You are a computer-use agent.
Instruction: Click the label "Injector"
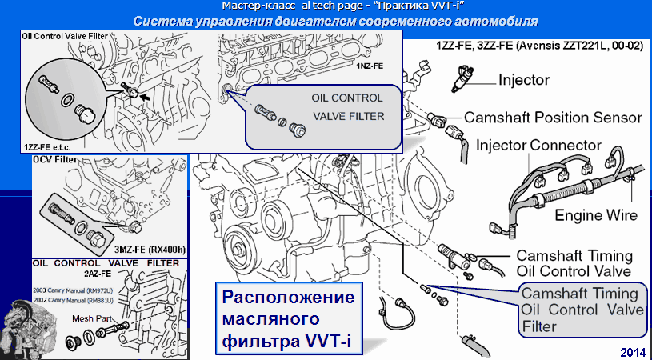(x=523, y=80)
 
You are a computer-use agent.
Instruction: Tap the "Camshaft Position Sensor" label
(x=553, y=117)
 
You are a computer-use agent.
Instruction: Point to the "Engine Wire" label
(x=596, y=214)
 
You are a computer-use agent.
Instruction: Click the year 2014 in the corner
(x=632, y=351)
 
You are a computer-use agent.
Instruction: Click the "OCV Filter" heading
(x=55, y=160)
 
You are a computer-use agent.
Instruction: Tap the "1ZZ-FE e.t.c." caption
(x=50, y=147)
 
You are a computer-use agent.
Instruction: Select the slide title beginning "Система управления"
(x=334, y=20)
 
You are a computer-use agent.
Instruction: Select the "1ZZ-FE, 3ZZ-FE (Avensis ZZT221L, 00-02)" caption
(x=539, y=46)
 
